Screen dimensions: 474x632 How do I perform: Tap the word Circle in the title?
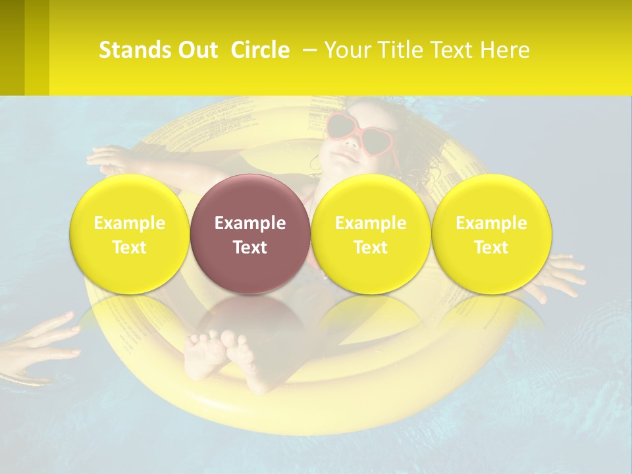[260, 50]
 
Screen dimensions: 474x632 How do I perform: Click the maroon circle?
[250, 234]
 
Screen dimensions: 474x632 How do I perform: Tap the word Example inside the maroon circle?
[250, 223]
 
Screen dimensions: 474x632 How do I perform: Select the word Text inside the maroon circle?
[250, 248]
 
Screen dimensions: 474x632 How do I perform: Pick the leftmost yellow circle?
[129, 234]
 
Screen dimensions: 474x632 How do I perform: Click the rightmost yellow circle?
[491, 234]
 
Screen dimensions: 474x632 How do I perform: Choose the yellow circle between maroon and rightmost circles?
[371, 234]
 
